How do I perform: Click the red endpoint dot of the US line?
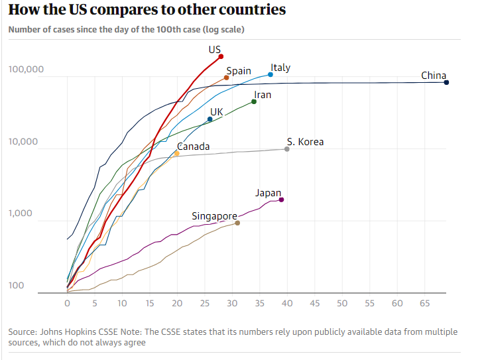(x=221, y=56)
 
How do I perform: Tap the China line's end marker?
(x=447, y=82)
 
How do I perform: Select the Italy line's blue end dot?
(x=271, y=74)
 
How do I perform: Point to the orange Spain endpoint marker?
(x=227, y=78)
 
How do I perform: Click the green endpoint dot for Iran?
(x=254, y=101)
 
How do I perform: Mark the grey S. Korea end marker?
(x=287, y=149)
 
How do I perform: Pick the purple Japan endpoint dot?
(x=282, y=200)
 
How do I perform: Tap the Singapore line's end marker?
(x=237, y=223)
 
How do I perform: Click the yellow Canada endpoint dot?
(x=176, y=153)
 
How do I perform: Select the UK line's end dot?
(x=210, y=119)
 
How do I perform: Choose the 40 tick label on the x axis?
(x=286, y=303)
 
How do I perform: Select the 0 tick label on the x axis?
(x=67, y=303)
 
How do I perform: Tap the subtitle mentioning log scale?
(x=117, y=30)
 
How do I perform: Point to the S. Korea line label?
(x=305, y=141)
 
